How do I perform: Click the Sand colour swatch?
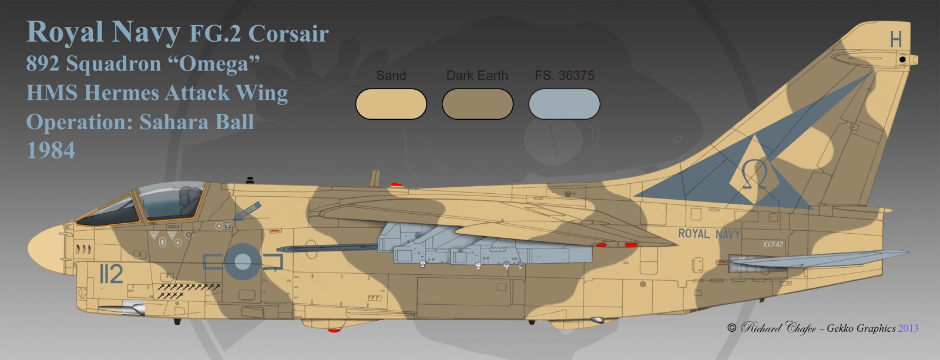point(391,104)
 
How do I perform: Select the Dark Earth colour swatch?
point(477,104)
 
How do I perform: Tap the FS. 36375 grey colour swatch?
point(564,104)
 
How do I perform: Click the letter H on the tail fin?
point(895,40)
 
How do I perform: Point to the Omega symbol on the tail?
point(754,174)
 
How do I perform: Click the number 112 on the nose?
point(110,274)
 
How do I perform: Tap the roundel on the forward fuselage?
point(243,259)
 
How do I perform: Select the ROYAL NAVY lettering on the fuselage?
point(709,234)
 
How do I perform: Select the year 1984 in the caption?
point(51,151)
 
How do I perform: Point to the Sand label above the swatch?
point(391,75)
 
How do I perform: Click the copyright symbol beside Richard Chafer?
point(731,328)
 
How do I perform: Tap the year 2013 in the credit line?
point(908,328)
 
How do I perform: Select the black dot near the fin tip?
point(902,59)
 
